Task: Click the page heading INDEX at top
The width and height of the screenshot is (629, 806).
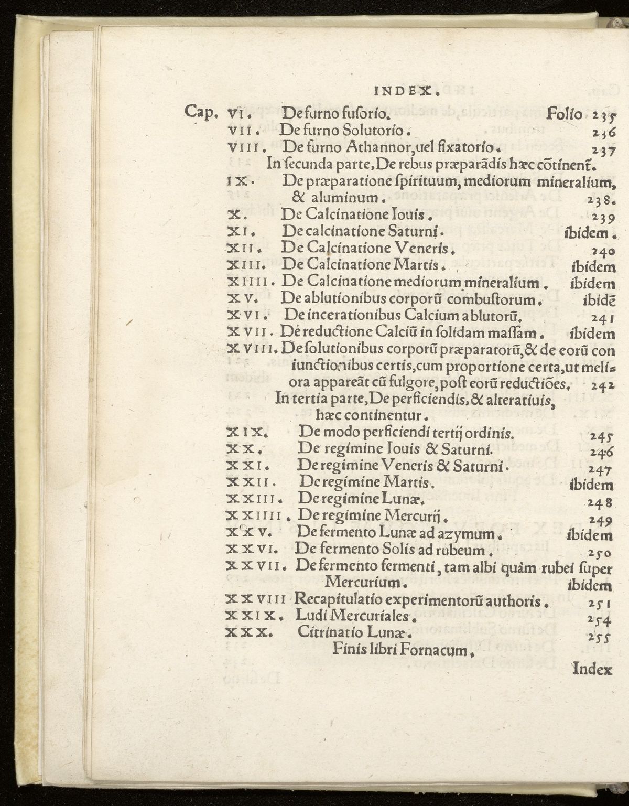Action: point(406,92)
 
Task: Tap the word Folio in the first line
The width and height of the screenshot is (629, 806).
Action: point(564,113)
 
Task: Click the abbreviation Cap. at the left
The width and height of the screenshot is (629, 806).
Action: point(201,113)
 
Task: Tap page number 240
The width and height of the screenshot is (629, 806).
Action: point(602,251)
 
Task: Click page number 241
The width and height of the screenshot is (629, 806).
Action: point(602,318)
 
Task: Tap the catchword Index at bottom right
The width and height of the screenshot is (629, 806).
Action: point(593,669)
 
